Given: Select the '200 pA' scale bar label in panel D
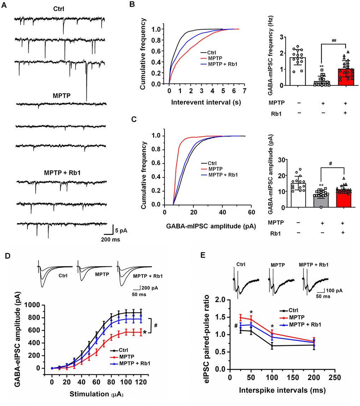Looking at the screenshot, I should pos(150,288).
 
